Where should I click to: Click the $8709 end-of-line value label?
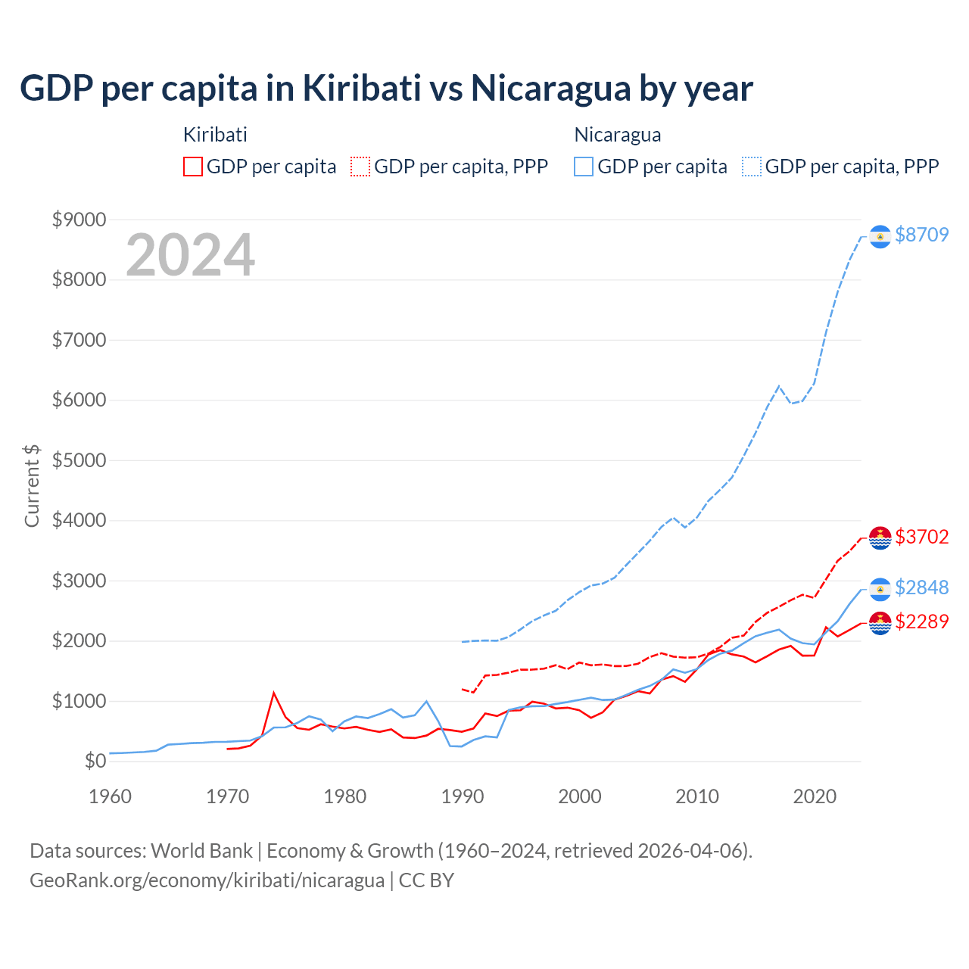pyautogui.click(x=921, y=235)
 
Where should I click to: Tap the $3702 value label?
pyautogui.click(x=921, y=537)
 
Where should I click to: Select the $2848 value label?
pyautogui.click(x=921, y=587)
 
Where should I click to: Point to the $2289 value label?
pyautogui.click(x=921, y=622)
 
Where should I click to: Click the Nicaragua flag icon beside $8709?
pyautogui.click(x=880, y=237)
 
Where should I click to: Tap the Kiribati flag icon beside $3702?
pyautogui.click(x=880, y=538)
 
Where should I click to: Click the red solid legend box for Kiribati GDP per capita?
pyautogui.click(x=193, y=167)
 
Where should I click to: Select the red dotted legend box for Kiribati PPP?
pyautogui.click(x=361, y=167)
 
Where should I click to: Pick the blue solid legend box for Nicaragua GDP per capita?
pyautogui.click(x=584, y=167)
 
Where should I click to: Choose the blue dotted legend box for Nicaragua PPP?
pyautogui.click(x=752, y=167)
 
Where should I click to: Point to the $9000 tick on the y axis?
pyautogui.click(x=79, y=220)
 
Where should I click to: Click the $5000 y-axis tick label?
pyautogui.click(x=79, y=460)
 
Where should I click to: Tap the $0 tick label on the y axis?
pyautogui.click(x=95, y=761)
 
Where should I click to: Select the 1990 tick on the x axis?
pyautogui.click(x=462, y=796)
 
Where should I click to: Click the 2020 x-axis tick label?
pyautogui.click(x=814, y=796)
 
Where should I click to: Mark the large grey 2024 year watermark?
pyautogui.click(x=190, y=255)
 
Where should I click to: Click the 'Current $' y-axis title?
pyautogui.click(x=32, y=486)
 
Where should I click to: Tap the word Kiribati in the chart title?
pyautogui.click(x=362, y=88)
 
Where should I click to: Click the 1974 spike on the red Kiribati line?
pyautogui.click(x=274, y=693)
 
